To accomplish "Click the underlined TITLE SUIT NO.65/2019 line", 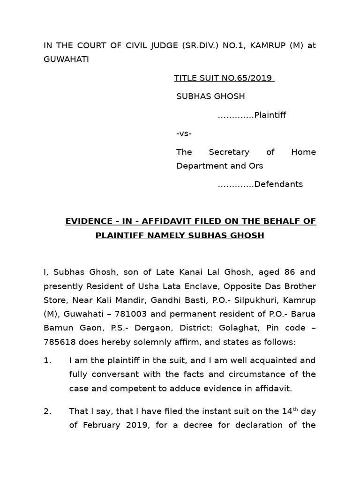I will pos(224,78).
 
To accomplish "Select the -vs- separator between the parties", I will pos(184,134).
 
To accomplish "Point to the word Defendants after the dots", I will pos(278,184).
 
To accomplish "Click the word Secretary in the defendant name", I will pos(230,152).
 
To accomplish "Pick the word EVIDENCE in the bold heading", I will pos(86,221).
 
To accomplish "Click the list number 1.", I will pos(47,360).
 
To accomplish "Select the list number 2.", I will pos(47,412).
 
